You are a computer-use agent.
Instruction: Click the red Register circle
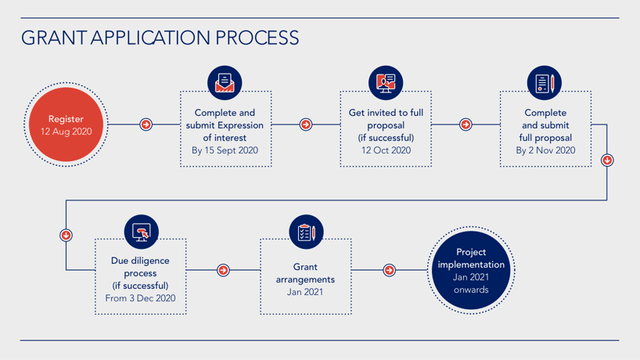[66, 124]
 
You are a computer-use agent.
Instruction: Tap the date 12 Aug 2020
[66, 131]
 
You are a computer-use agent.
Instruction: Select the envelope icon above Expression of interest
[225, 83]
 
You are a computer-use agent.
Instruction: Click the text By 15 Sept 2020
[225, 150]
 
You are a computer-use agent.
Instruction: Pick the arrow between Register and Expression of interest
[146, 124]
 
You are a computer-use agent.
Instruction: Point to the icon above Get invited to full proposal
[386, 83]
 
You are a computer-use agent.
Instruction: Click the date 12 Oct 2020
[386, 150]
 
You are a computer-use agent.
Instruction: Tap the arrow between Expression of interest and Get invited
[306, 124]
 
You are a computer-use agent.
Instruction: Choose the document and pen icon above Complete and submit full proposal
[544, 83]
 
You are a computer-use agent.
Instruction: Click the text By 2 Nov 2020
[545, 150]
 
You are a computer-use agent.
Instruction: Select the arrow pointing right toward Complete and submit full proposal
[466, 124]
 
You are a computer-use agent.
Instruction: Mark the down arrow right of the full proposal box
[607, 160]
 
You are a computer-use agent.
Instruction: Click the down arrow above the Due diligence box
[67, 235]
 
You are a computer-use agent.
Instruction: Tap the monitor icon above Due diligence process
[142, 232]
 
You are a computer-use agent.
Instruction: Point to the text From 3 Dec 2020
[140, 298]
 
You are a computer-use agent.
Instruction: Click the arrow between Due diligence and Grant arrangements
[223, 270]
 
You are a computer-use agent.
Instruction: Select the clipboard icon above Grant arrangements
[306, 232]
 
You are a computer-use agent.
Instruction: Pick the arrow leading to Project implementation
[390, 270]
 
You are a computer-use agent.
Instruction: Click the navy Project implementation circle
[471, 270]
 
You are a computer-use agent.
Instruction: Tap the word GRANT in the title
[53, 38]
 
